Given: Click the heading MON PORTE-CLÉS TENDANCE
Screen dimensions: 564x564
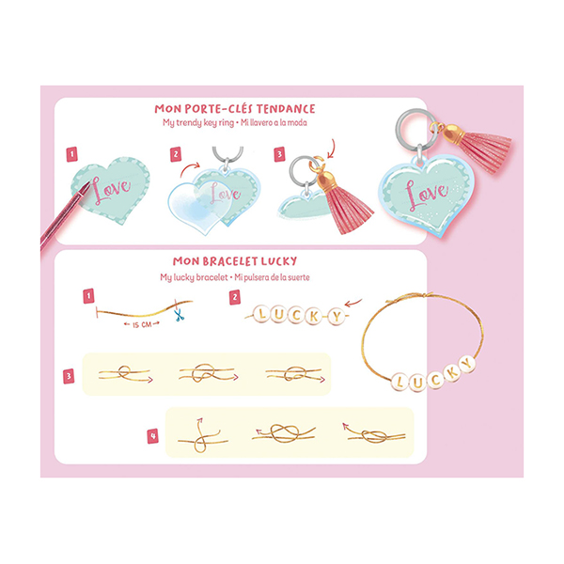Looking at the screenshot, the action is point(235,109).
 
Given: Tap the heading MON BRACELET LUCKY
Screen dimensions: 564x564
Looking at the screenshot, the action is point(235,261).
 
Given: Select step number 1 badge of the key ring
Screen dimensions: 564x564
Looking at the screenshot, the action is point(72,154).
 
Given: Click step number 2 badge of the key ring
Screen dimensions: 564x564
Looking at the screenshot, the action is point(176,155).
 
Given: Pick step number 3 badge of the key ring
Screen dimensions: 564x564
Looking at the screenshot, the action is point(279,154).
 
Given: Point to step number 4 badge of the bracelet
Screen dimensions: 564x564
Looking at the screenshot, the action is point(153,436).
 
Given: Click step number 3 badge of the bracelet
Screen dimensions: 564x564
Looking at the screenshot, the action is point(69,376).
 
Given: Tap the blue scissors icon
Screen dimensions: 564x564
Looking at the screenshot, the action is point(179,316).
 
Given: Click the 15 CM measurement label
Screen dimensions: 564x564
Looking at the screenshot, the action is point(142,325).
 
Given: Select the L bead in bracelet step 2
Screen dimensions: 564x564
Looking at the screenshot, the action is point(261,313).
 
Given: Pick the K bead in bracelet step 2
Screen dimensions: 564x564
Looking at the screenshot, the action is point(313,316).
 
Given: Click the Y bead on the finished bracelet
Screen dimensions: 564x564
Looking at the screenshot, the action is point(466,364).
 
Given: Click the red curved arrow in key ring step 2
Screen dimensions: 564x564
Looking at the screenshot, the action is point(190,168).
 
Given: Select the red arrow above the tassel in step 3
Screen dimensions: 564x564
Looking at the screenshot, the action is point(331,149).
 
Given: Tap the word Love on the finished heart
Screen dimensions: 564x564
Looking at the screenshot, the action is point(427,194).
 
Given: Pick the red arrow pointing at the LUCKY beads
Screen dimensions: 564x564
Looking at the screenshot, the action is point(352,303).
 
